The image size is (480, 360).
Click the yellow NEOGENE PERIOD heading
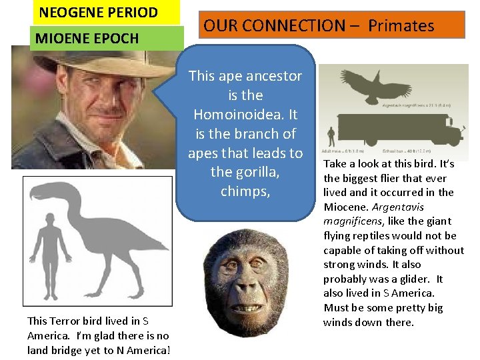point(98,12)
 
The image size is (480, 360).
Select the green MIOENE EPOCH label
point(87,38)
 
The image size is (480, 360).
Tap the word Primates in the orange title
point(401,26)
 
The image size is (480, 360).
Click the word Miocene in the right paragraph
point(345,207)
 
